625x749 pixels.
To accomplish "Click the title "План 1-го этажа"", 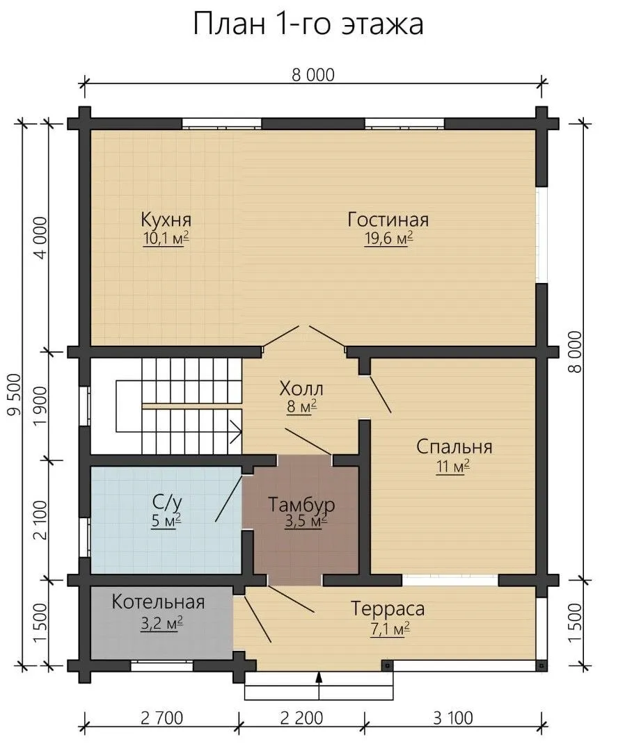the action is (308, 24).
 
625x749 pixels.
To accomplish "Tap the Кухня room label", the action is (166, 220).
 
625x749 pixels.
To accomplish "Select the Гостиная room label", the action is (388, 220).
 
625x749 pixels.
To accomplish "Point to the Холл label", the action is (301, 388).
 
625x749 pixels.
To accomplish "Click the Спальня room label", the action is (454, 446).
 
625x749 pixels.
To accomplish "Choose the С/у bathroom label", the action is (167, 503).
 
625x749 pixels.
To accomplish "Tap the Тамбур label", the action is (301, 504).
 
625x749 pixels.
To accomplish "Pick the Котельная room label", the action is (158, 602).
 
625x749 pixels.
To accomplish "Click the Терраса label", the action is (388, 609).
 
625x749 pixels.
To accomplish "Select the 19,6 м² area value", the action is (388, 239).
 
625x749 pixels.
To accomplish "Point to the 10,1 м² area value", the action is (166, 239).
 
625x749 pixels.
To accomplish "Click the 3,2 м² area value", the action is (161, 624).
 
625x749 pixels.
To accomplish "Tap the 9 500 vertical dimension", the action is (15, 394).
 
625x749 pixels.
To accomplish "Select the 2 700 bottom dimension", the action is (161, 718).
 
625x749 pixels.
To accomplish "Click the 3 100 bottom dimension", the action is (453, 718).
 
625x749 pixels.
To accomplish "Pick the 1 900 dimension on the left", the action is (41, 406).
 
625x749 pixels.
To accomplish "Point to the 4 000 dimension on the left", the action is (41, 238).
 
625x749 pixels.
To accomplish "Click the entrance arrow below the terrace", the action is (319, 685).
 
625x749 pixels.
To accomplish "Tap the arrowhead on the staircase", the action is (237, 431).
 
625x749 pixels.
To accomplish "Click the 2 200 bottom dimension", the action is (302, 718).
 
